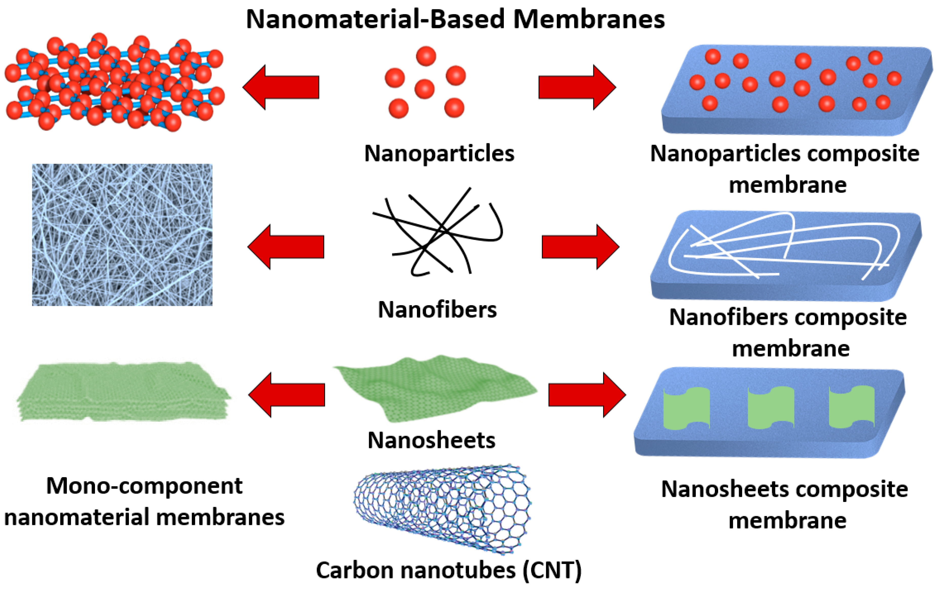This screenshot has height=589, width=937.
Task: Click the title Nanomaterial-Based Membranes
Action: coord(455,19)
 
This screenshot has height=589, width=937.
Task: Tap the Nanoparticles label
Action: coord(439,154)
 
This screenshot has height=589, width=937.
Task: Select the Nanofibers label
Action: coord(437,310)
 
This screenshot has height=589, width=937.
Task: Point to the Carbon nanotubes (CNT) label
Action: coord(449,570)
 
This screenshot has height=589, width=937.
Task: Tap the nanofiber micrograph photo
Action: coord(122,235)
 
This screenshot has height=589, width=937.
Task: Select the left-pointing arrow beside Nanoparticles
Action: coord(281,87)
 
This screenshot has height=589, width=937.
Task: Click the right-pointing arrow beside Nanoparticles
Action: coord(577,87)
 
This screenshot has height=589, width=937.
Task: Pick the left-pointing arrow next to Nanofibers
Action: coord(286,247)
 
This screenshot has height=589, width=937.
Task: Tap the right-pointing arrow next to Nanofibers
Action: coord(580,247)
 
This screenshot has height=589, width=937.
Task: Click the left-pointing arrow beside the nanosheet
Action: coord(287,395)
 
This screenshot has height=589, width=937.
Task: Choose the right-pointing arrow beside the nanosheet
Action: coord(587,395)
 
